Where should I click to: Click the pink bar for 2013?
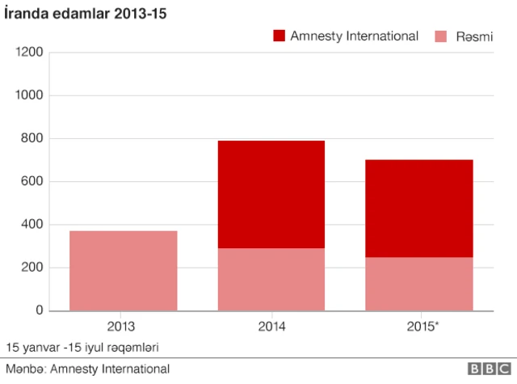[124, 271]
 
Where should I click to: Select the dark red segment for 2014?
[271, 194]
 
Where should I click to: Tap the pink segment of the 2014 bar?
[271, 279]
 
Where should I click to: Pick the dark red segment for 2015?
[419, 209]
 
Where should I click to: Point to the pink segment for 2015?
[419, 284]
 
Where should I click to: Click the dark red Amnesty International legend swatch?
[279, 36]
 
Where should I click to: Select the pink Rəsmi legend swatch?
[441, 36]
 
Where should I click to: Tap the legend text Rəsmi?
[474, 36]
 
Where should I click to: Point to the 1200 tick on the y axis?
[29, 52]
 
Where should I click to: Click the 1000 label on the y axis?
[29, 95]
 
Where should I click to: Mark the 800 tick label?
[32, 138]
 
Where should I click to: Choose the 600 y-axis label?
[32, 181]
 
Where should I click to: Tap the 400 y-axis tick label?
[32, 224]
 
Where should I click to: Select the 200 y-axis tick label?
[32, 268]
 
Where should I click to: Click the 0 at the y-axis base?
[40, 310]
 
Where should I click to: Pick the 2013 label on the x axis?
[121, 327]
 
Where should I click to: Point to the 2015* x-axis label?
[422, 327]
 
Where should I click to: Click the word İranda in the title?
[26, 14]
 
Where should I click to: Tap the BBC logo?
[490, 369]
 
